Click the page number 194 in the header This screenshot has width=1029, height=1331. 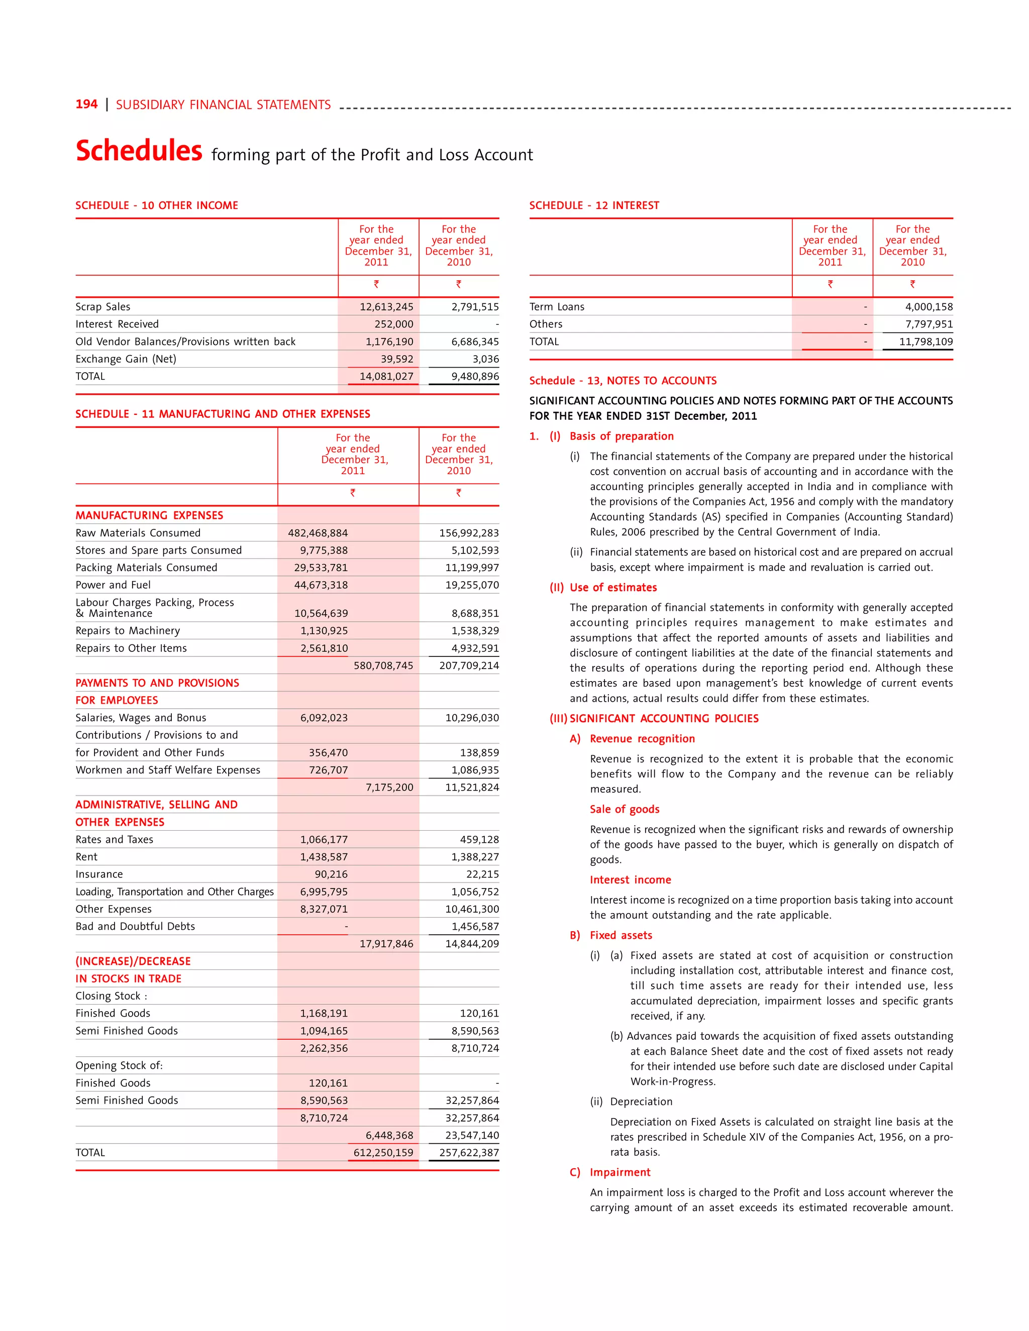[x=86, y=104]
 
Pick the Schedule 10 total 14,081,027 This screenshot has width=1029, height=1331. [x=386, y=377]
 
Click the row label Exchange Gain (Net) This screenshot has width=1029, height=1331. [x=126, y=359]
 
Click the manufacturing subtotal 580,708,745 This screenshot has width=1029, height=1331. [x=383, y=666]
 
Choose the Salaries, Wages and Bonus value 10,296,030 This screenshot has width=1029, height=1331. [x=471, y=718]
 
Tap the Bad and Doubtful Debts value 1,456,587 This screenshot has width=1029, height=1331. [x=475, y=926]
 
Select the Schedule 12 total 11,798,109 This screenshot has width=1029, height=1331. [x=925, y=342]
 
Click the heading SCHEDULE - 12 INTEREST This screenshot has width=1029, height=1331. [x=594, y=205]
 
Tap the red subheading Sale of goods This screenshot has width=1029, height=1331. [x=624, y=809]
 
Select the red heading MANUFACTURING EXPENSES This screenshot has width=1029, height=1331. [x=149, y=516]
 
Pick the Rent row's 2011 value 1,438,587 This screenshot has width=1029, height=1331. [x=324, y=857]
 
